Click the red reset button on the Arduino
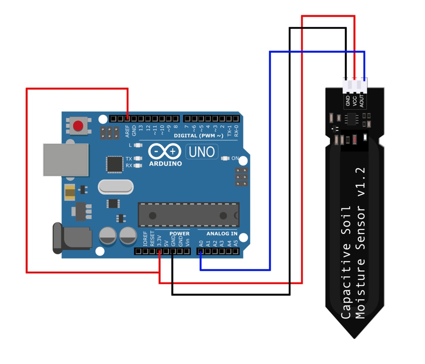pos(78,126)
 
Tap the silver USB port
pos(66,159)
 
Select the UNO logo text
pos(202,152)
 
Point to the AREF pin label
pos(127,131)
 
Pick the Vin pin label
pos(187,243)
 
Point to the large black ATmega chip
pos(188,215)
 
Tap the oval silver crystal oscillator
pos(116,186)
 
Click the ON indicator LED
pos(226,158)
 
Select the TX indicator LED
pos(137,159)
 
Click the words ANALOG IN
pos(222,233)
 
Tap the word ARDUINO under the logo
pos(166,163)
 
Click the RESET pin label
pos(152,241)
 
